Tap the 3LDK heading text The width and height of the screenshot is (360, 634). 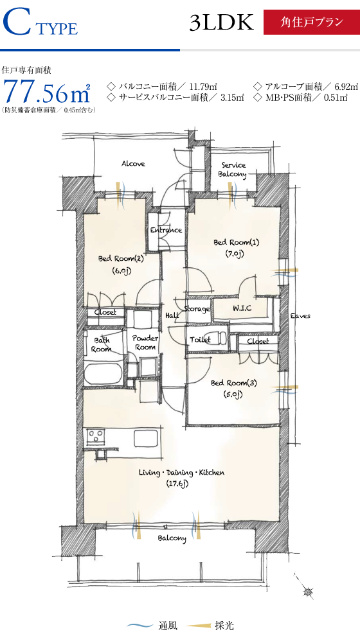pyautogui.click(x=222, y=22)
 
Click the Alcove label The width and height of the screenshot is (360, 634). pyautogui.click(x=133, y=164)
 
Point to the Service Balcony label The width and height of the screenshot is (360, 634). pyautogui.click(x=233, y=170)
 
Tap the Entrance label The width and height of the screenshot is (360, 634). pyautogui.click(x=166, y=230)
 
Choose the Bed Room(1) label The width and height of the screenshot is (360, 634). pyautogui.click(x=236, y=243)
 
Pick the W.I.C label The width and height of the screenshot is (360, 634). pyautogui.click(x=242, y=308)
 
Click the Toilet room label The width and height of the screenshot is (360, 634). pyautogui.click(x=200, y=340)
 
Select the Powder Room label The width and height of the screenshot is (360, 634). pyautogui.click(x=146, y=342)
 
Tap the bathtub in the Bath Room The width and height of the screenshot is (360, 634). pyautogui.click(x=104, y=374)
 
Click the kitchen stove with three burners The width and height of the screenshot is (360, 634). pyautogui.click(x=96, y=436)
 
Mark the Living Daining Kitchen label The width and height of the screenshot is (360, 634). pyautogui.click(x=181, y=472)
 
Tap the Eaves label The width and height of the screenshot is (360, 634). pyautogui.click(x=300, y=316)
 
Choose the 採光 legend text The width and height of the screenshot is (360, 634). pyautogui.click(x=224, y=626)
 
